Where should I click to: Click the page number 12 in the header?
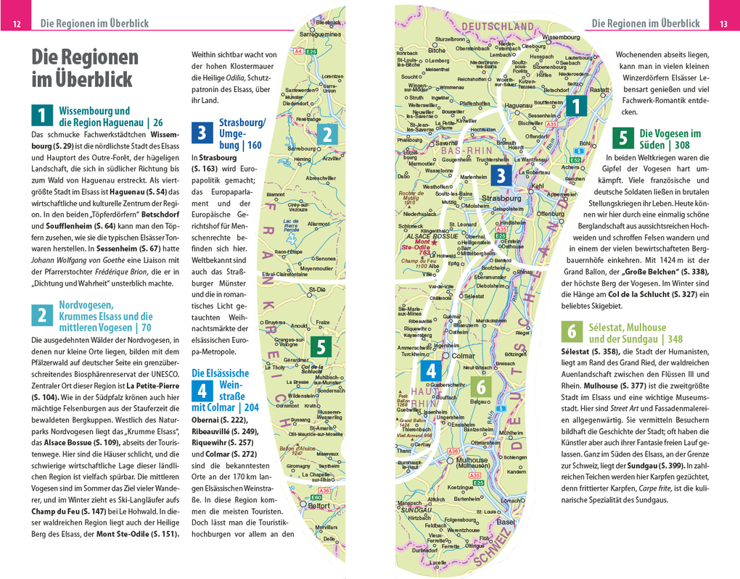click(16, 24)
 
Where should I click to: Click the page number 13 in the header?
click(723, 24)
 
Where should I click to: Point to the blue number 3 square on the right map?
click(501, 175)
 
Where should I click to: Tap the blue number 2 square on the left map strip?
click(328, 134)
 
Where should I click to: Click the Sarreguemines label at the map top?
click(320, 33)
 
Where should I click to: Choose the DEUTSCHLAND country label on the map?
click(497, 26)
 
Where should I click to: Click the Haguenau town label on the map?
click(517, 106)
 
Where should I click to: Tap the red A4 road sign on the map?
click(297, 51)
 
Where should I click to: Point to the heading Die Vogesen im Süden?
click(669, 139)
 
